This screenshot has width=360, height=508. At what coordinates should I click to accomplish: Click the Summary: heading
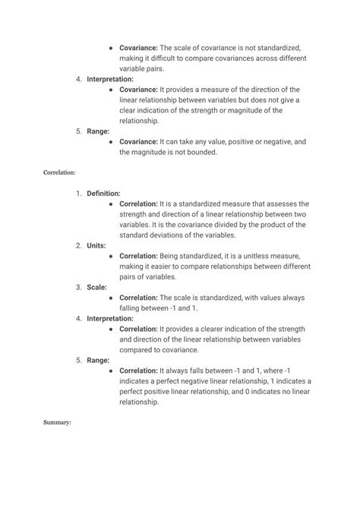coord(58,422)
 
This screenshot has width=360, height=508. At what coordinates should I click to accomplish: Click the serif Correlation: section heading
coord(60,172)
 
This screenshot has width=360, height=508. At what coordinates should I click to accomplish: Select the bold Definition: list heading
coord(103,194)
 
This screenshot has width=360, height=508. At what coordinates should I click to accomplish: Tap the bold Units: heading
coord(96,246)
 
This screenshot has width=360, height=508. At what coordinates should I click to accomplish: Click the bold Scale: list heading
coord(96,288)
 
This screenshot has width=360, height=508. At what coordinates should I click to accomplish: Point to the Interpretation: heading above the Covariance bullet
coord(110,79)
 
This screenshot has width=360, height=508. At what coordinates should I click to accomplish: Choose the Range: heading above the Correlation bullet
coord(98,361)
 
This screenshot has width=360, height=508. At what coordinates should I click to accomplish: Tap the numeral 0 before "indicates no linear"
coord(245,392)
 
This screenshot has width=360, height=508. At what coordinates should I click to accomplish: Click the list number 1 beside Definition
coord(78,194)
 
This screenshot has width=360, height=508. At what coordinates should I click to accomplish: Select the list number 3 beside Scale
coord(78,288)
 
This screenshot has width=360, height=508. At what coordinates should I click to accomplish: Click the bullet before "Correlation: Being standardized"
coord(111,257)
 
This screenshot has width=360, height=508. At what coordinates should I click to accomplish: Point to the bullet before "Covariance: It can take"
coord(111,142)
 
